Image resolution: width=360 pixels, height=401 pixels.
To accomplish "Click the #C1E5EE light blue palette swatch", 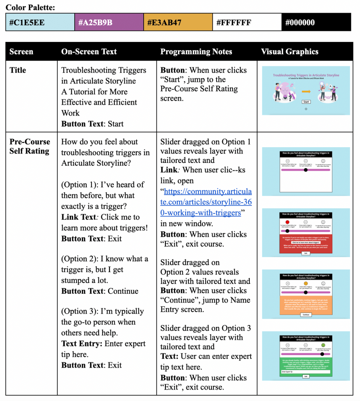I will coord(40,22).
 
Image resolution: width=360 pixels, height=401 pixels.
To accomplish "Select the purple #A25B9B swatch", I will coord(109,22).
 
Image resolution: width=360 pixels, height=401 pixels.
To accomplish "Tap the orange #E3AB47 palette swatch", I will coord(178,22).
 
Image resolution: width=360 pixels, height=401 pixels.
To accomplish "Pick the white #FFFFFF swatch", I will coord(247,22).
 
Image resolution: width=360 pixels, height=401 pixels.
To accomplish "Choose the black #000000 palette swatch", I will coord(316,22).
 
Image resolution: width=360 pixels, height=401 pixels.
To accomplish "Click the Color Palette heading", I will coord(30,7).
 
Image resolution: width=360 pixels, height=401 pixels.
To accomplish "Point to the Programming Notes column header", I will coord(196,52).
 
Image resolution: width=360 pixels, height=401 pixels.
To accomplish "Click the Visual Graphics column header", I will coord(289,52).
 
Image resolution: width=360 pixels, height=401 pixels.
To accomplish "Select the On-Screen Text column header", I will coord(89,52).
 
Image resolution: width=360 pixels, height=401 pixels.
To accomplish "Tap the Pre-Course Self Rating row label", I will coord(29,146).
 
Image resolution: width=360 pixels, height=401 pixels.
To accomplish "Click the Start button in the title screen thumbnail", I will coord(306,102).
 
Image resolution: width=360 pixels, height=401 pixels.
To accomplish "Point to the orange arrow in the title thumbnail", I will coord(306,92).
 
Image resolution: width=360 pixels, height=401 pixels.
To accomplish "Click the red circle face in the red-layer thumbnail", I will coord(288,222).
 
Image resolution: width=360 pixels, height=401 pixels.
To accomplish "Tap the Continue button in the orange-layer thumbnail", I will coord(306,314).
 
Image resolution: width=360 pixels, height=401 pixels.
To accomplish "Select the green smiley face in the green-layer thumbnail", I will coord(323,345).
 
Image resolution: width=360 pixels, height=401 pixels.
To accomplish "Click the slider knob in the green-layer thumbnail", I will coord(322,354).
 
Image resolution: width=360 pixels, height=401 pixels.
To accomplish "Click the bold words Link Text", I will coord(79,217).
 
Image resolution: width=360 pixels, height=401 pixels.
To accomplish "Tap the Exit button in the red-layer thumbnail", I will coord(306,253).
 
